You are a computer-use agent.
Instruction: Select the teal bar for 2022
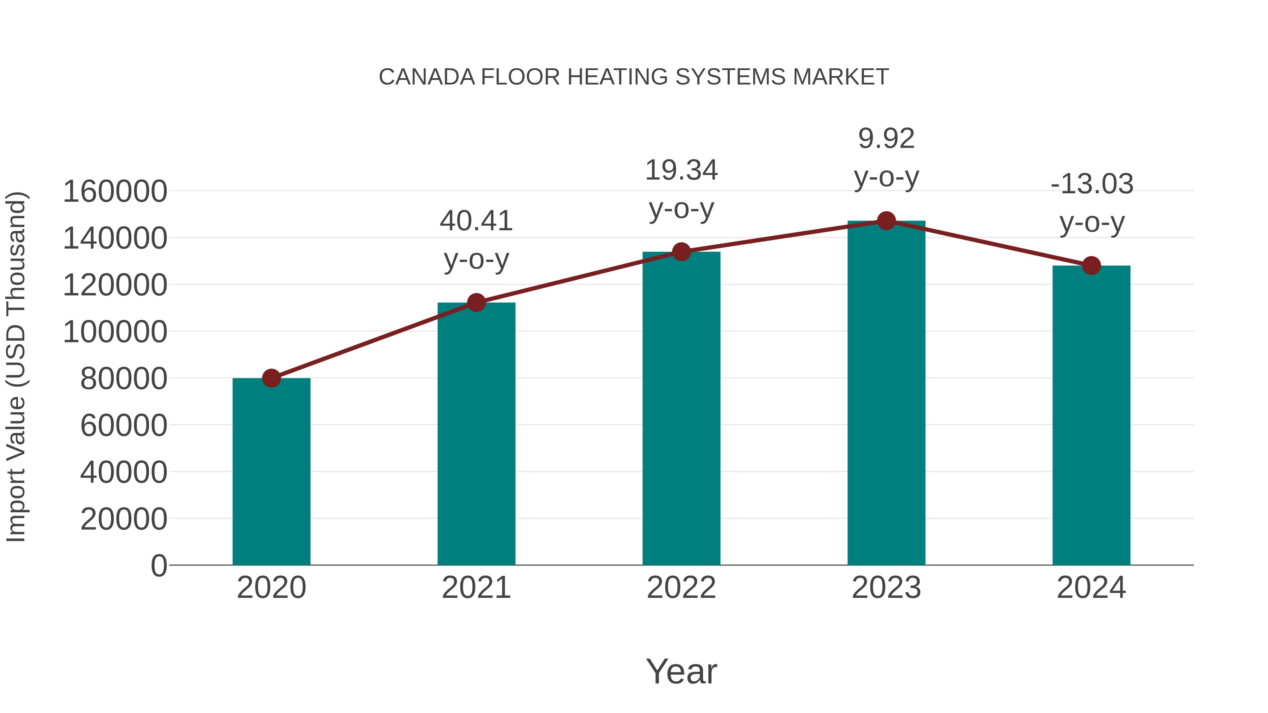click(681, 408)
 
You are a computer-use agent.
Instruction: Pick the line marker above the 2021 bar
click(476, 302)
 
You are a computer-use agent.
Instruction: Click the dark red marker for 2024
click(1091, 266)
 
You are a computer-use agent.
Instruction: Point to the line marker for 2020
click(271, 379)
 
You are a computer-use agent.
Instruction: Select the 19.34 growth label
click(681, 170)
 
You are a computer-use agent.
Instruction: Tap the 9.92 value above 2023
click(886, 139)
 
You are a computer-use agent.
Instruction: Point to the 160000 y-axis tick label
click(115, 192)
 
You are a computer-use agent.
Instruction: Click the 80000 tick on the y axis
click(124, 379)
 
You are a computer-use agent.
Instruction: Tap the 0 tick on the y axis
click(158, 565)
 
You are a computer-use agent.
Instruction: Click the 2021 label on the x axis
click(476, 588)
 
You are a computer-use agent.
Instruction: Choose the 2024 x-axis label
click(1091, 588)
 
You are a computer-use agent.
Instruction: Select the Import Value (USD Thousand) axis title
click(16, 367)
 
